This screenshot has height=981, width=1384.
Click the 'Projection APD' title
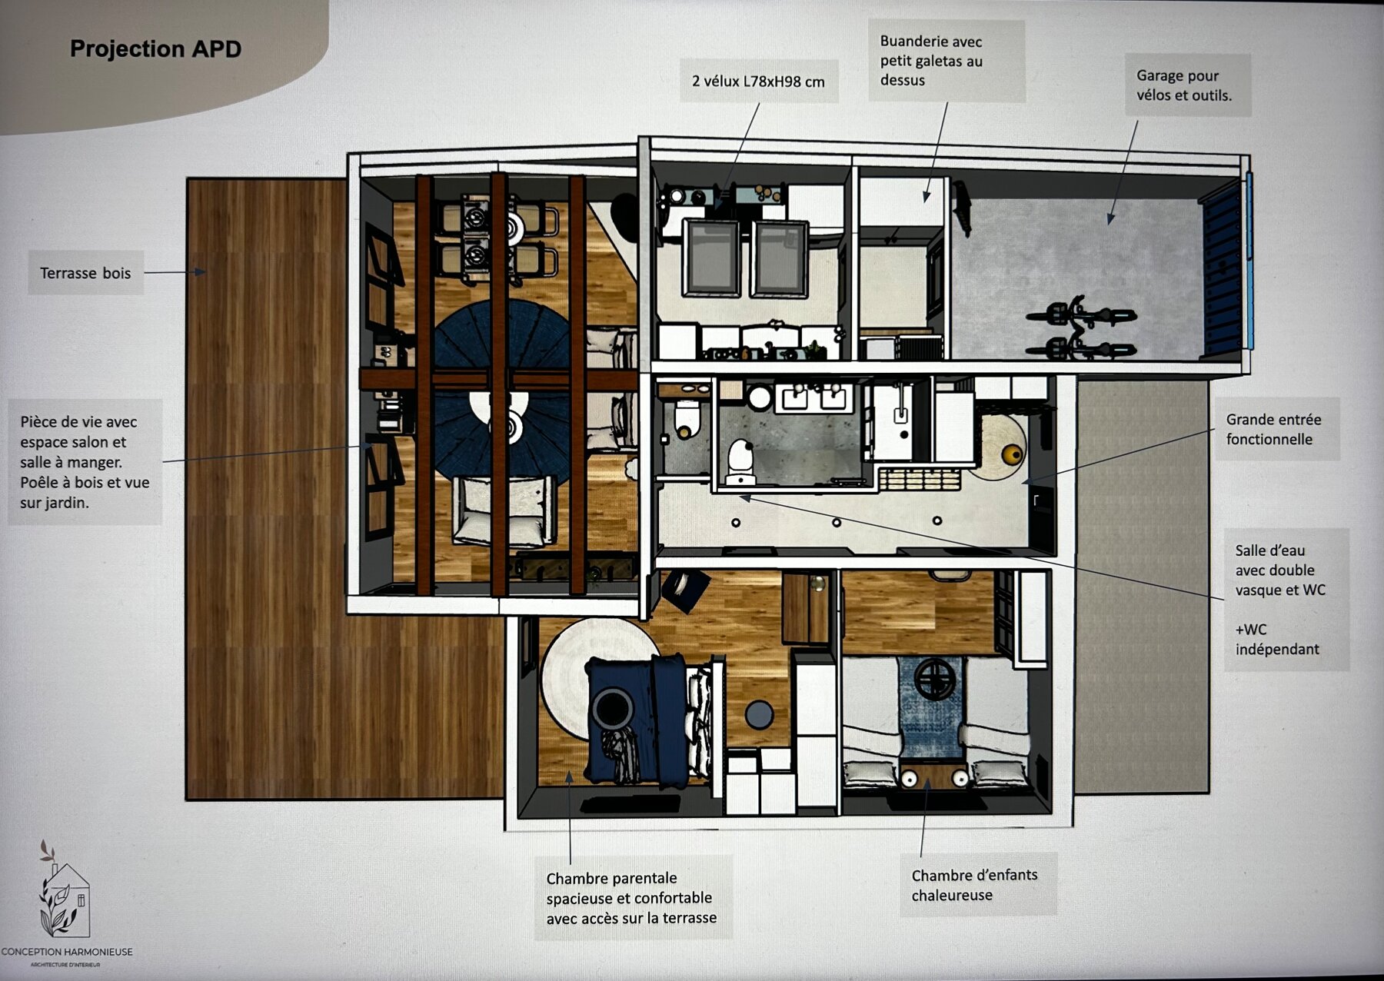155,49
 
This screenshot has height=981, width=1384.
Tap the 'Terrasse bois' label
85,273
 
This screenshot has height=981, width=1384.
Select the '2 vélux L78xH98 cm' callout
758,81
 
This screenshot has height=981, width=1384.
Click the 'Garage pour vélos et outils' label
1184,85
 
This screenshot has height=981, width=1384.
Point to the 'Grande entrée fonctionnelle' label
1273,429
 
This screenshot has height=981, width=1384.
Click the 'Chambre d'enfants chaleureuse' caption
974,885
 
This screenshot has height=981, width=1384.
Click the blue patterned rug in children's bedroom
931,711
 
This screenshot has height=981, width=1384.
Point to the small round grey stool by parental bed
759,714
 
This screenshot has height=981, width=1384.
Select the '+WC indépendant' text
1276,639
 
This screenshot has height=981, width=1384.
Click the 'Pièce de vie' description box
85,461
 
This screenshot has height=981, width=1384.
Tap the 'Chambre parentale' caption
630,897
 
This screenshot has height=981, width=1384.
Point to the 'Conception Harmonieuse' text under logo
67,952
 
